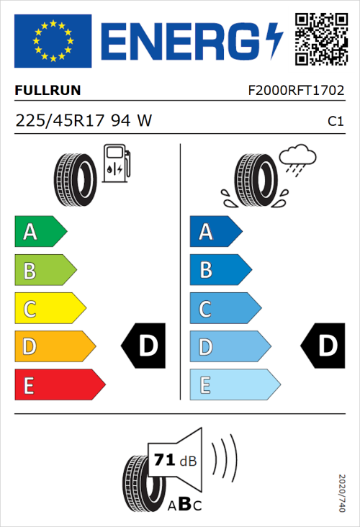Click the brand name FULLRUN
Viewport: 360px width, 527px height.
(x=48, y=91)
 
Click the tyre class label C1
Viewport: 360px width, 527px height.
(x=335, y=122)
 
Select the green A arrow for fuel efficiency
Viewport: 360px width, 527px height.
(x=40, y=232)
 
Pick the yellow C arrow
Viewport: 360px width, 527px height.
(x=49, y=309)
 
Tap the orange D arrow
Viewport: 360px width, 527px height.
(x=54, y=347)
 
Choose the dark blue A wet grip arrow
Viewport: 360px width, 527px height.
(x=215, y=232)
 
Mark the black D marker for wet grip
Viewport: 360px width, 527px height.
(x=325, y=346)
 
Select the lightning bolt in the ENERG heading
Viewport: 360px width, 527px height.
(x=274, y=42)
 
